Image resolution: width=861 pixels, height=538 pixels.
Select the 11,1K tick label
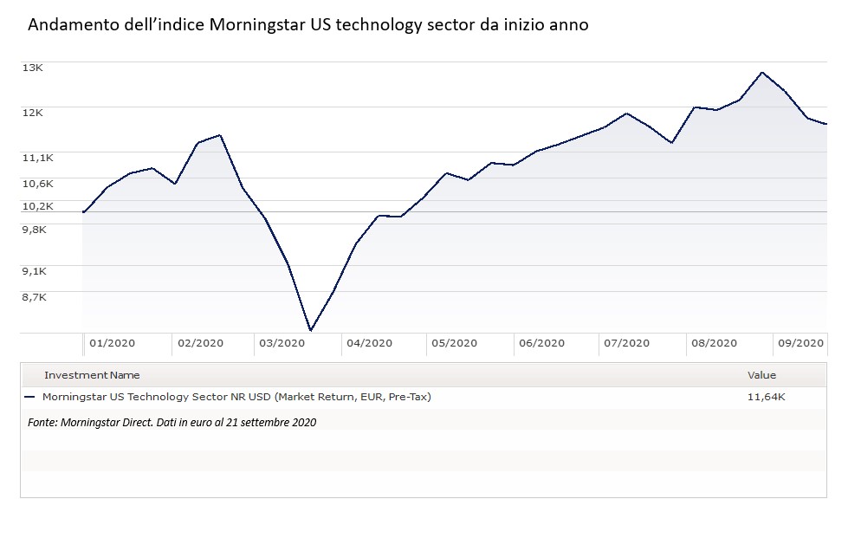(x=37, y=157)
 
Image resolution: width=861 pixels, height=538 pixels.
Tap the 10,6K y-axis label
(x=37, y=184)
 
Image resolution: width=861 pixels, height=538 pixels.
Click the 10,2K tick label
(x=37, y=206)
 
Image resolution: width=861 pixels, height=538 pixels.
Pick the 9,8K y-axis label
(x=35, y=229)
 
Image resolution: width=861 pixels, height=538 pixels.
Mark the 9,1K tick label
(x=35, y=271)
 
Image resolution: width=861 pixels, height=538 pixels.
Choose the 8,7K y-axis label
(x=35, y=297)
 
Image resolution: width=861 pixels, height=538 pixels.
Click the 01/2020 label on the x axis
(x=112, y=343)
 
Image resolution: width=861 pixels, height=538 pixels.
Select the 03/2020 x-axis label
(x=282, y=343)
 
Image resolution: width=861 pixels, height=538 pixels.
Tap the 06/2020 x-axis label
(x=541, y=343)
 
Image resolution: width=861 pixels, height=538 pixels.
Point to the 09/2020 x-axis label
(x=799, y=343)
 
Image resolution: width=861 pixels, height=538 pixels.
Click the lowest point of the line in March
(x=310, y=330)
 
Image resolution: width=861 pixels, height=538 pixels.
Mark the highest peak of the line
(x=761, y=72)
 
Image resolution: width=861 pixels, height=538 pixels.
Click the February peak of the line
(x=221, y=135)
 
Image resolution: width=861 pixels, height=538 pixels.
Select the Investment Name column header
(x=92, y=375)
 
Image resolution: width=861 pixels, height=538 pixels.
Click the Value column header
(x=761, y=375)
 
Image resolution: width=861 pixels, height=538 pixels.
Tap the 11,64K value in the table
(x=767, y=397)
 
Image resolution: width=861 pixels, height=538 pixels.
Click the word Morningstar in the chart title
(x=258, y=25)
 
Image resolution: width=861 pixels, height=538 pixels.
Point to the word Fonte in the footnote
(x=43, y=423)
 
